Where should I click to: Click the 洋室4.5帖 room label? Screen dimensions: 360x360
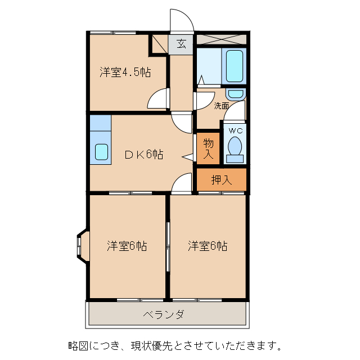(x=125, y=72)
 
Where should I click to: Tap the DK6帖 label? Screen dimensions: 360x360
(x=143, y=154)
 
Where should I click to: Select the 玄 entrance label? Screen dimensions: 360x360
(x=181, y=43)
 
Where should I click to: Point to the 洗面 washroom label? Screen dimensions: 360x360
(x=221, y=105)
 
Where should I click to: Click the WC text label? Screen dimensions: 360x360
(x=235, y=130)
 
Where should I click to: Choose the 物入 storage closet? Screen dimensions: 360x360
(x=208, y=148)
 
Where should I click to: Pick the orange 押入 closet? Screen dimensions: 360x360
(x=221, y=180)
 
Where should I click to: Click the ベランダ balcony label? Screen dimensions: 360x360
(x=164, y=315)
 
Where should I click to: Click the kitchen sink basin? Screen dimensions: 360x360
(x=101, y=152)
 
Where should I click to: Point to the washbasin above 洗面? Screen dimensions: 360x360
(x=236, y=93)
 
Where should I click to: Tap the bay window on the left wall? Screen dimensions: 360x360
(x=80, y=246)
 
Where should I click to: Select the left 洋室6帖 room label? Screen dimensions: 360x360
(x=127, y=246)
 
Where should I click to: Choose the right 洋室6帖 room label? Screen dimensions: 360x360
(x=208, y=246)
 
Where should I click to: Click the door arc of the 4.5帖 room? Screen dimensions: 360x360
(x=157, y=99)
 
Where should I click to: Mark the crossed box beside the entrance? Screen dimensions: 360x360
(x=221, y=39)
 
